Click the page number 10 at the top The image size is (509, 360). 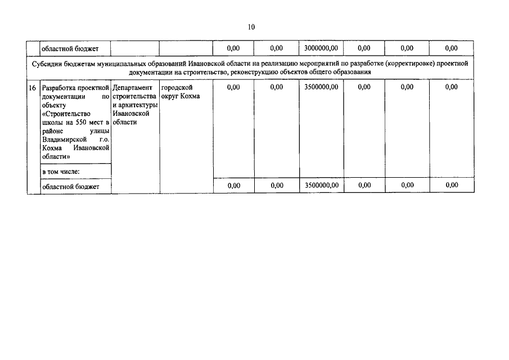coord(251,27)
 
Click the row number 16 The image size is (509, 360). coord(33,88)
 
